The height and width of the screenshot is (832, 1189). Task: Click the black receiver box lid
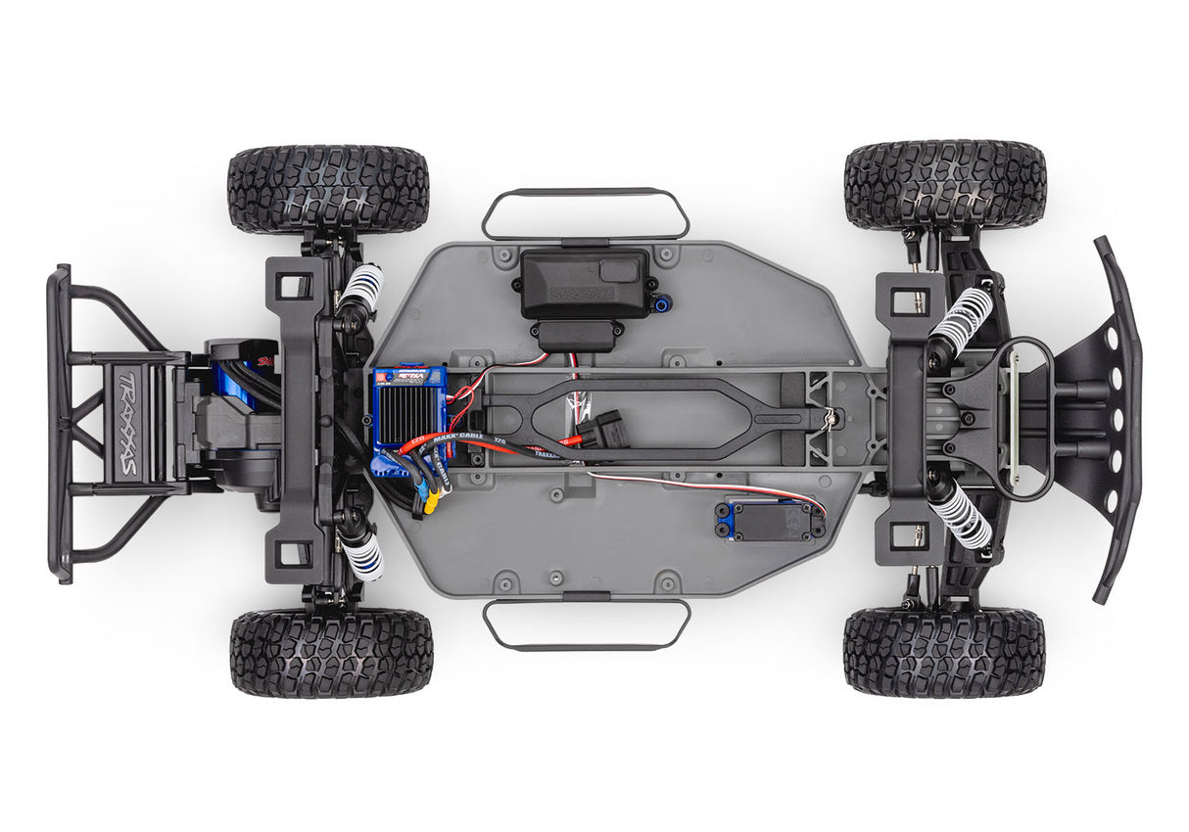coord(584,281)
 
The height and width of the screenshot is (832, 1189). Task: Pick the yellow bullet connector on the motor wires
coord(432,501)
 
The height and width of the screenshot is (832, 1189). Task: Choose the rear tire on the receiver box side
coord(328,189)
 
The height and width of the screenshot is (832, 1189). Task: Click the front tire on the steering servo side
coord(943,652)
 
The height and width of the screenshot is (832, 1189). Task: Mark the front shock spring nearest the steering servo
coord(960,515)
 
